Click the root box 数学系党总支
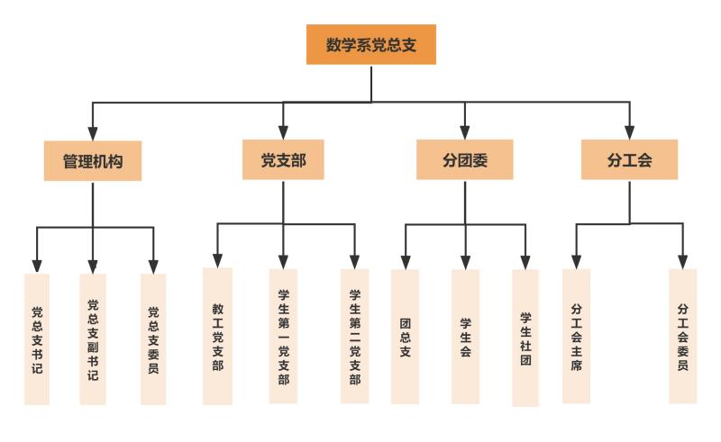coord(370,45)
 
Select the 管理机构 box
coord(93,161)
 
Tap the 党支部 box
coord(283,160)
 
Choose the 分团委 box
coord(464,160)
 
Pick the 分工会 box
coord(629,160)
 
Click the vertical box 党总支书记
coord(37,339)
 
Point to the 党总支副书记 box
coord(92,339)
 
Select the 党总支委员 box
coord(153,339)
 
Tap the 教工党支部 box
coord(217,336)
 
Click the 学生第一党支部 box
coord(283,336)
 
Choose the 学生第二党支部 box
coord(354,336)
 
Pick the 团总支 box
coord(405,336)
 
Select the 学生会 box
coord(465,336)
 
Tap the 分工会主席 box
coord(576,336)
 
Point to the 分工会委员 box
coord(682,336)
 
